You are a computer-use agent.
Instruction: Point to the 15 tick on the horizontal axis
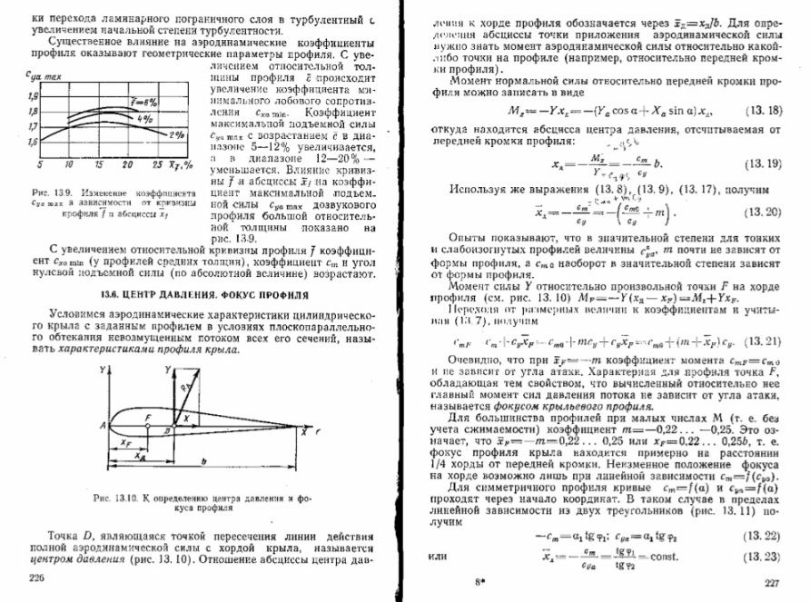(99, 164)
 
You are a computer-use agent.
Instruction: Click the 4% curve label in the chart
(144, 118)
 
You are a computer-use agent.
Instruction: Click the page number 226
(37, 577)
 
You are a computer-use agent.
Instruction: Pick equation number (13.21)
(764, 341)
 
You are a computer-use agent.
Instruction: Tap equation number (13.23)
(765, 556)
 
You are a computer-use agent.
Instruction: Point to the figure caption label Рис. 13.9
(50, 193)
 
